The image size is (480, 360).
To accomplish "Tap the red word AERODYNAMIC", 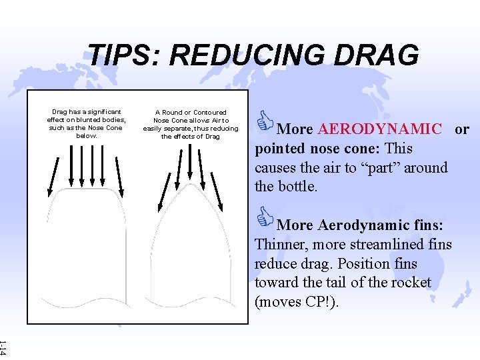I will pos(380,129).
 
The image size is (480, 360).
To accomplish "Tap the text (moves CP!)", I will pos(297,301).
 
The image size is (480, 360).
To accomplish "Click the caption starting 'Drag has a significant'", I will pos(87,123).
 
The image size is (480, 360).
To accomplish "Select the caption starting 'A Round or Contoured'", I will pos(191,124).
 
